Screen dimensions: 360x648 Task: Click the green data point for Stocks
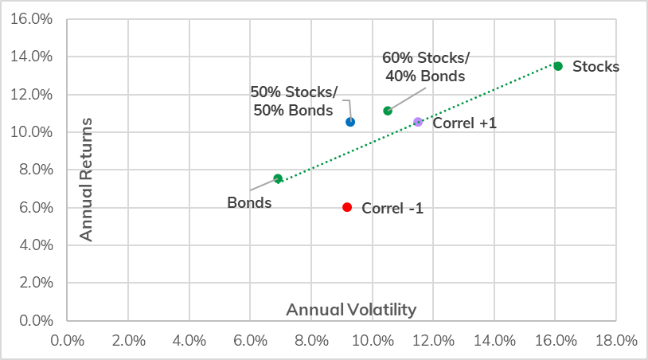coord(558,66)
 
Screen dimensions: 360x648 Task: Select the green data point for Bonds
coord(278,178)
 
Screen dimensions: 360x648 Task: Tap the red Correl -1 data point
coord(347,207)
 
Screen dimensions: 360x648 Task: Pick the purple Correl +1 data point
coord(418,122)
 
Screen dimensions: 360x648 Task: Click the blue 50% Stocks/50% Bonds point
coord(350,122)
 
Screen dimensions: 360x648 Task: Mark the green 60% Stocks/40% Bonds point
coord(388,111)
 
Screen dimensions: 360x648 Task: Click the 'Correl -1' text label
coord(392,209)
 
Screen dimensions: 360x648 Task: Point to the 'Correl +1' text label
coord(464,123)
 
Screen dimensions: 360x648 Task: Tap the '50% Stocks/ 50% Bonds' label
coord(294,100)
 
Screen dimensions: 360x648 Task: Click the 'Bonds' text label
coord(249,202)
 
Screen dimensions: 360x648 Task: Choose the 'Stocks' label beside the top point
coord(595,67)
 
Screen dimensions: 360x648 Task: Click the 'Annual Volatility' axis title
coord(351,309)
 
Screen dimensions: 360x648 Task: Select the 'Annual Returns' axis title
coord(87,179)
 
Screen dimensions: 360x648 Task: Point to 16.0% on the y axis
coord(31,19)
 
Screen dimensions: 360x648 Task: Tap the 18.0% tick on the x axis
coord(616,341)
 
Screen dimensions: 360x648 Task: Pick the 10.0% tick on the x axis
coord(372,341)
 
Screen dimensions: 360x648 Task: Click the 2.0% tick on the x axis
coord(128,341)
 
